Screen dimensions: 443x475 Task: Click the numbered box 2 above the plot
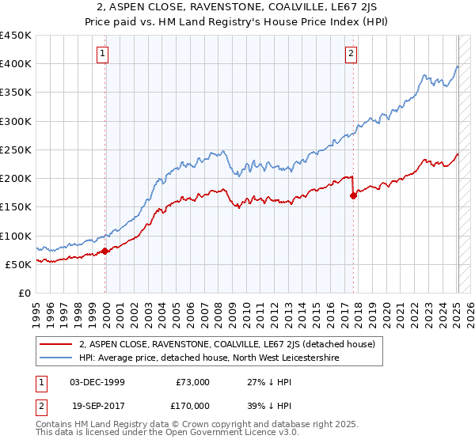[351, 54]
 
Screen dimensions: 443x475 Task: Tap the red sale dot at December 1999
[105, 252]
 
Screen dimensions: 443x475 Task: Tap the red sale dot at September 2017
[353, 196]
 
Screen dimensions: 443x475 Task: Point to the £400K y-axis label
[16, 64]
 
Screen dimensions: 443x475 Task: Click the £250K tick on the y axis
[16, 150]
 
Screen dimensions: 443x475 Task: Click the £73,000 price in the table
[193, 382]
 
